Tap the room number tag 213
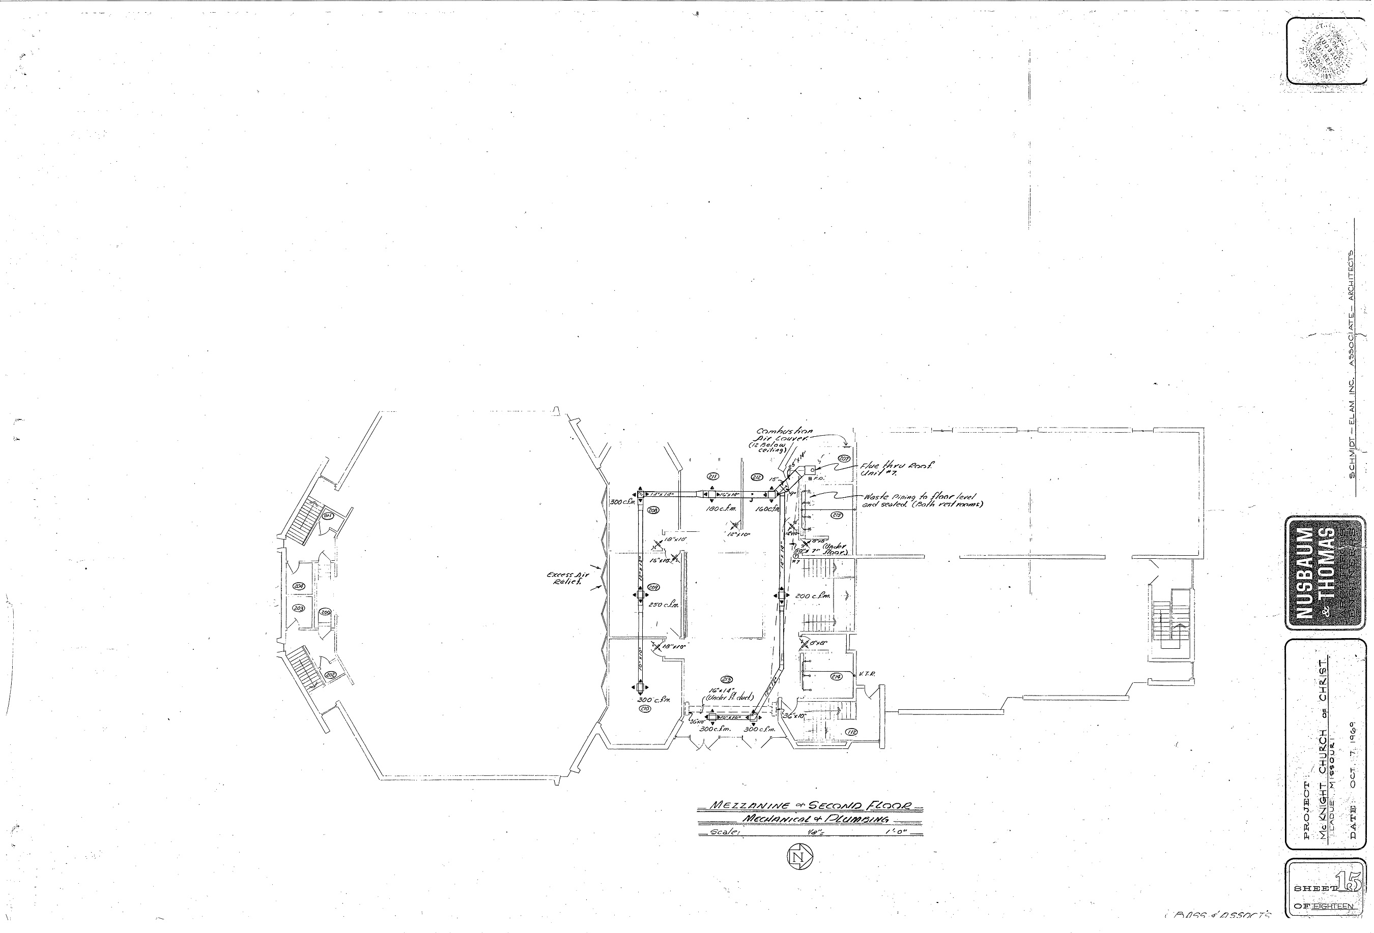[727, 678]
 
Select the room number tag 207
[844, 459]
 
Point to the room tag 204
[299, 586]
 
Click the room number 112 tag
[852, 732]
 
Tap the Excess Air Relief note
[567, 577]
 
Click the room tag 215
[837, 515]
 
